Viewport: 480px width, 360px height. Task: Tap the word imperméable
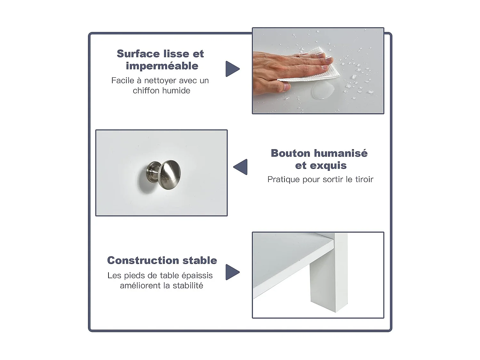(x=162, y=66)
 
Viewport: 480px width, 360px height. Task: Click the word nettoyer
(x=160, y=81)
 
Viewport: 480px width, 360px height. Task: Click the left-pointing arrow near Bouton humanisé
(x=241, y=167)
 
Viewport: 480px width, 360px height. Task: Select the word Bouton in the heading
(x=291, y=153)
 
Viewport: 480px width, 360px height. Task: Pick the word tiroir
(x=364, y=180)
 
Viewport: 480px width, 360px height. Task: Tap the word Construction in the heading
(x=143, y=260)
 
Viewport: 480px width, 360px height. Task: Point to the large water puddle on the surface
(x=323, y=92)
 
